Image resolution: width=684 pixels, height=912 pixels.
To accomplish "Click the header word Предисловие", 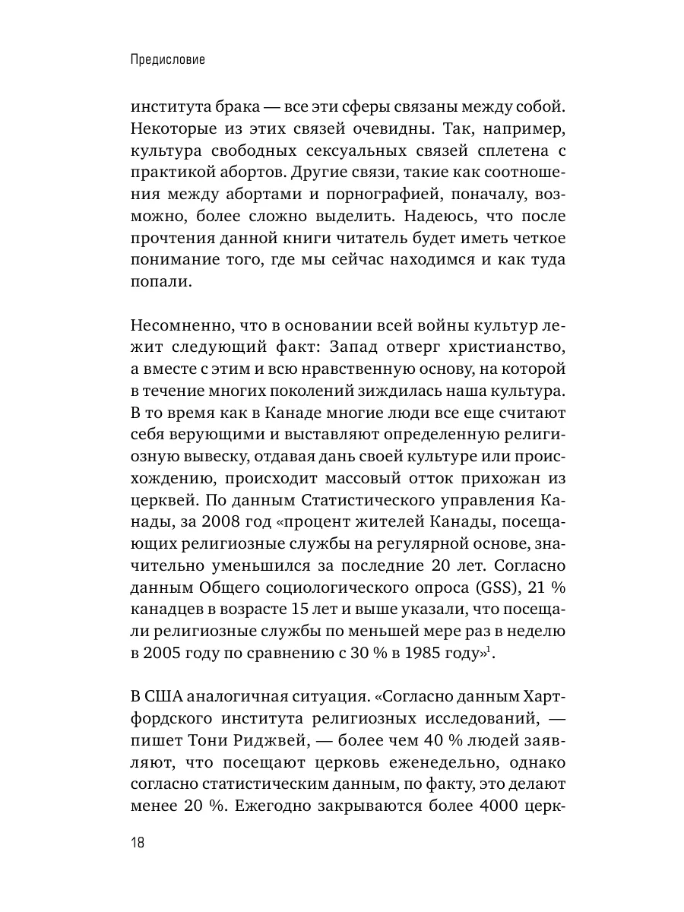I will (169, 59).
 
